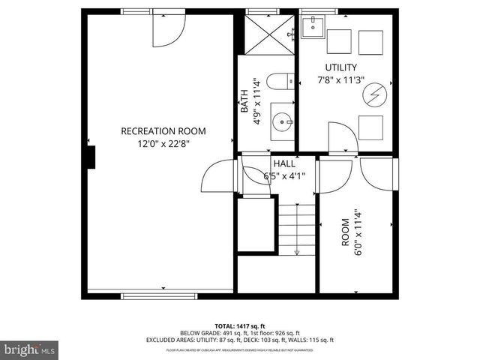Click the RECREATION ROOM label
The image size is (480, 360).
pos(163,130)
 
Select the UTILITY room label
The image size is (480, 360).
pos(340,67)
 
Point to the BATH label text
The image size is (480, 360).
pos(244,102)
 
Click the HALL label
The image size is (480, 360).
pos(283,163)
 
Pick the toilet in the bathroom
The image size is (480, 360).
pos(279,82)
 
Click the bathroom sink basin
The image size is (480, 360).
pos(282,120)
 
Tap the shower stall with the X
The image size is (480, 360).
pos(265,34)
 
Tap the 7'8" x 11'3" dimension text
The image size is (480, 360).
pos(340,80)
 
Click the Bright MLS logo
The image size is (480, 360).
pos(30,349)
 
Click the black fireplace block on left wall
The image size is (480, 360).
pos(91,157)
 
